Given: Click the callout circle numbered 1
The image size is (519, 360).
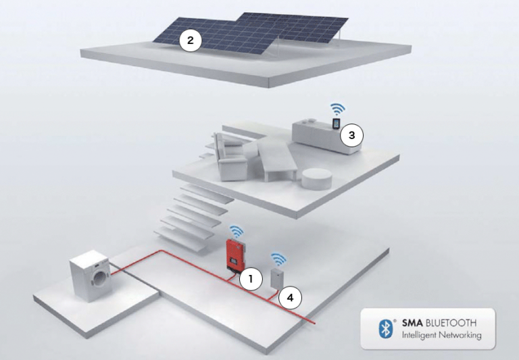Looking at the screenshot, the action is [x=251, y=279].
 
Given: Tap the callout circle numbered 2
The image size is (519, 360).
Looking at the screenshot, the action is [x=191, y=41].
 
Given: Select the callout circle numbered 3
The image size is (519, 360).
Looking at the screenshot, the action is [x=352, y=135].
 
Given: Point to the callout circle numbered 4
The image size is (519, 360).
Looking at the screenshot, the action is [x=290, y=298].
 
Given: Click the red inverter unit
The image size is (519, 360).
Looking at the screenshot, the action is [x=236, y=255].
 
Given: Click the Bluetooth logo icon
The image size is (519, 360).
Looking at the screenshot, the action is [x=386, y=328].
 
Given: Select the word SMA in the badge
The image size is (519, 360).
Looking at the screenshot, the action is [x=412, y=323].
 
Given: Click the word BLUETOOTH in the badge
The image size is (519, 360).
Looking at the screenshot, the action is [x=451, y=323].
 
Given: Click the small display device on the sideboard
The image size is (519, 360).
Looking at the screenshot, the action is [x=336, y=124].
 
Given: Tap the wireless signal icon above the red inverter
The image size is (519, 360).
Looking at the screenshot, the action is [x=237, y=231].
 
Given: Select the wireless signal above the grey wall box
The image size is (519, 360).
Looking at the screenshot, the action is [x=278, y=259].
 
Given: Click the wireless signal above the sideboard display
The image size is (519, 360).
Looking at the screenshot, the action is [x=338, y=109].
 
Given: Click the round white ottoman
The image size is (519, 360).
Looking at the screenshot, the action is [x=316, y=179].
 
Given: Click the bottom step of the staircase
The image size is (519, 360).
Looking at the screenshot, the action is [x=184, y=235].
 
